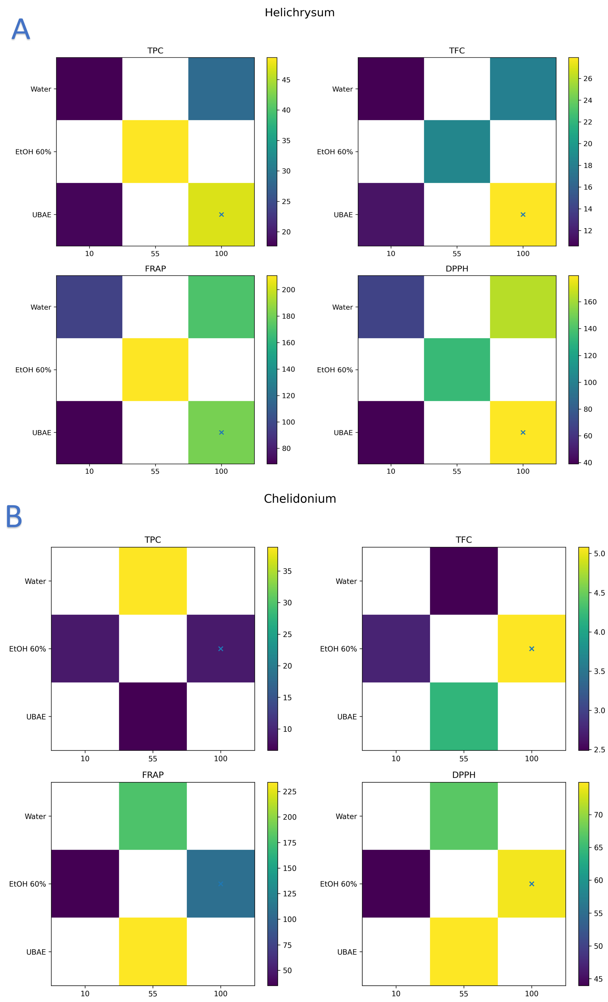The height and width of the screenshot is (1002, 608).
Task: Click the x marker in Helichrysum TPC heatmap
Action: (221, 214)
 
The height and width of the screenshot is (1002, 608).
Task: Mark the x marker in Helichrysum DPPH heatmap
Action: (523, 432)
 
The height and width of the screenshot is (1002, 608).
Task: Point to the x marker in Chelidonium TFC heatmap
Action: (531, 649)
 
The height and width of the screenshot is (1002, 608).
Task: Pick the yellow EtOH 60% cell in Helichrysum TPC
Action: (155, 151)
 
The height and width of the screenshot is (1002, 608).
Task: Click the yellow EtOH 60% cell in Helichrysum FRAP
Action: (155, 369)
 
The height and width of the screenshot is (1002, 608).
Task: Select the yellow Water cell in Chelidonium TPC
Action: (152, 581)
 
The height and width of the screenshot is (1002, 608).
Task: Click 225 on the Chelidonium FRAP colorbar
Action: (290, 791)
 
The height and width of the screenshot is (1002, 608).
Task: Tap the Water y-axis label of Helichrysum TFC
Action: (342, 89)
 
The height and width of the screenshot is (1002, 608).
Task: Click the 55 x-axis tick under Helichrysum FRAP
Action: (155, 471)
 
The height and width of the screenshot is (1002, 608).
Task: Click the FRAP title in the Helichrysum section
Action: (155, 269)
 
